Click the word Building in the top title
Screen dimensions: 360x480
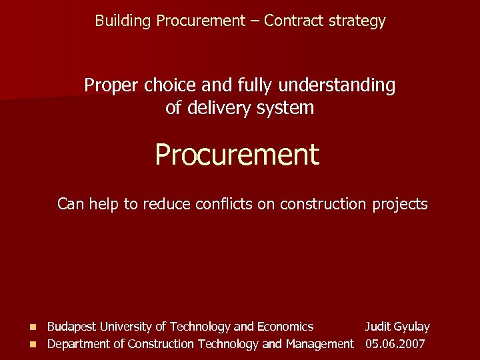[123, 21]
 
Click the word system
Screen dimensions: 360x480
[287, 107]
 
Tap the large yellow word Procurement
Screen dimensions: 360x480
[237, 155]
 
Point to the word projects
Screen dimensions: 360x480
[399, 204]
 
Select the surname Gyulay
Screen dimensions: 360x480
[412, 327]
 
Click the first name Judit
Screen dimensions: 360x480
[377, 327]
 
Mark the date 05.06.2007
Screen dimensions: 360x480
[395, 344]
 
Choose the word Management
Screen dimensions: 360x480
[320, 344]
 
